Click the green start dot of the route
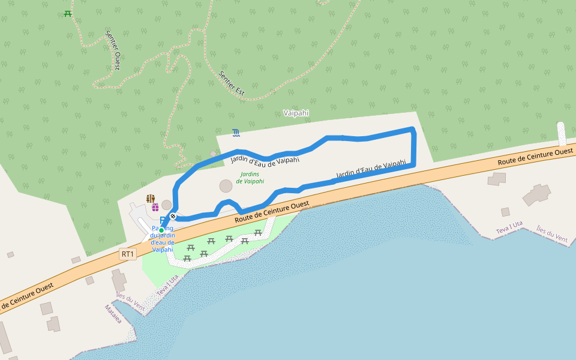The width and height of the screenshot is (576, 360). point(161,230)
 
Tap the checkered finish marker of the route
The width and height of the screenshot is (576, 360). point(173,216)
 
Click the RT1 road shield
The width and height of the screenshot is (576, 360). point(128,254)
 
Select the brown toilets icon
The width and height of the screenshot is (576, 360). point(151,198)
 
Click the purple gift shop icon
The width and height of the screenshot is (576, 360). point(155,207)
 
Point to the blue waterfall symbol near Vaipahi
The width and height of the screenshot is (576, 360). point(236,132)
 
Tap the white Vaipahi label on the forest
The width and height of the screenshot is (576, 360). point(295,113)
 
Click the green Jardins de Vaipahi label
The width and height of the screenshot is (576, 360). point(250,178)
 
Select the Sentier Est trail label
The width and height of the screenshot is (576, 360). point(232,83)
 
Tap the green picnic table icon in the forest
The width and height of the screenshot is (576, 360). point(68,13)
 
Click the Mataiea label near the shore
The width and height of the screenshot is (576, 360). point(113,313)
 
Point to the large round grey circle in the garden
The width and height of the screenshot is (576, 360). point(226,186)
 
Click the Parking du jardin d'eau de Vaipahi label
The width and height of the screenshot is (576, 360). point(163,239)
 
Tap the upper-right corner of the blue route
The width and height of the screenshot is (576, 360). point(413,130)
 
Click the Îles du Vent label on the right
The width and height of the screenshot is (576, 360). point(552,233)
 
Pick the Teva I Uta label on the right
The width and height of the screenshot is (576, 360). point(509,228)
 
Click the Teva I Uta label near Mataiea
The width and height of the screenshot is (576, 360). point(168,285)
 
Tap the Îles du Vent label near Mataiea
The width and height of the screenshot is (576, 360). point(131,298)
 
